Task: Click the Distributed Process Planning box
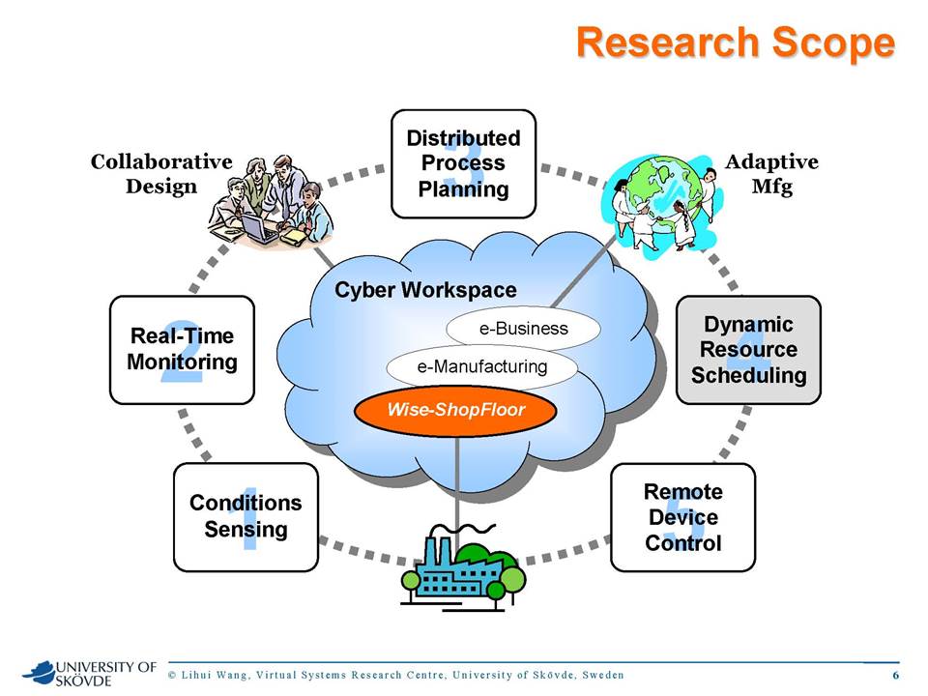[x=463, y=164]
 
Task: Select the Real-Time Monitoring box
[x=183, y=350]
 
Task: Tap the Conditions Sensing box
[x=246, y=517]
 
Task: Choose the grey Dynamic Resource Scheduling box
[x=748, y=350]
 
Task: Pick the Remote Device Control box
[x=683, y=517]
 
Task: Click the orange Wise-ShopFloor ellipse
[x=455, y=410]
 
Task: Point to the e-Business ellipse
[x=523, y=329]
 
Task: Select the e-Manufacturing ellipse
[x=481, y=367]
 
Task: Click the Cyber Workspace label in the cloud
[x=425, y=290]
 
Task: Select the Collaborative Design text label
[x=161, y=173]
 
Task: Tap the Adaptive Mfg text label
[x=771, y=173]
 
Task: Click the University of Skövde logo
[x=89, y=674]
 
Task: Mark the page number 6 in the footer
[x=895, y=675]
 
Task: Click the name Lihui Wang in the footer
[x=214, y=675]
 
